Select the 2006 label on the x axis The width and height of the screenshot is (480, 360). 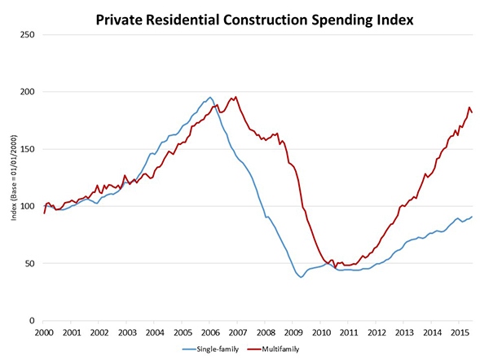[210, 332]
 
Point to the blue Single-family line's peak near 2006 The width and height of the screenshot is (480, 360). [209, 98]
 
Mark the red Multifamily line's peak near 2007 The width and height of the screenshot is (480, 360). [236, 97]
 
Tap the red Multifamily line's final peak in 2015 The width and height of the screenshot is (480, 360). [469, 107]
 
